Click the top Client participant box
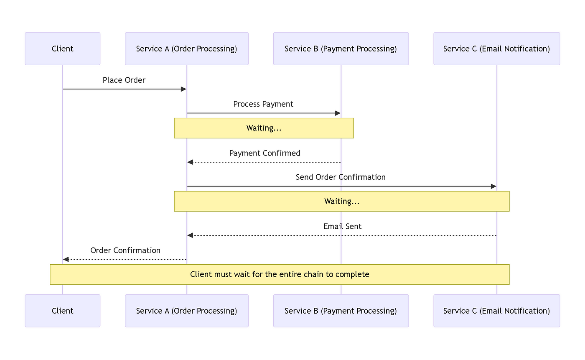tap(62, 49)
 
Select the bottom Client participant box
tap(62, 311)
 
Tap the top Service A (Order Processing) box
tap(187, 49)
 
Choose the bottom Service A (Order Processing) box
tap(187, 311)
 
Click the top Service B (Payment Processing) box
tap(341, 49)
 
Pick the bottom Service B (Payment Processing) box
tap(341, 311)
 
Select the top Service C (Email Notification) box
tap(497, 49)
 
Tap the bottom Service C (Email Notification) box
tap(497, 311)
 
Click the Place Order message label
tap(124, 80)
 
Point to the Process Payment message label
tap(263, 104)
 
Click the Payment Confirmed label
tap(265, 153)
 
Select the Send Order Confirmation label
tap(341, 177)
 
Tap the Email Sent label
tap(342, 226)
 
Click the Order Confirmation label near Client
tap(125, 250)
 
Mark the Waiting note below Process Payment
tap(264, 128)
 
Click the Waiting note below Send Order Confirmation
tap(342, 201)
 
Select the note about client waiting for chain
tap(280, 274)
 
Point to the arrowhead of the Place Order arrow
tap(183, 89)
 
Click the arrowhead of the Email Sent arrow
tap(190, 235)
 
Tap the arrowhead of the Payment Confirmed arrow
tap(190, 162)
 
